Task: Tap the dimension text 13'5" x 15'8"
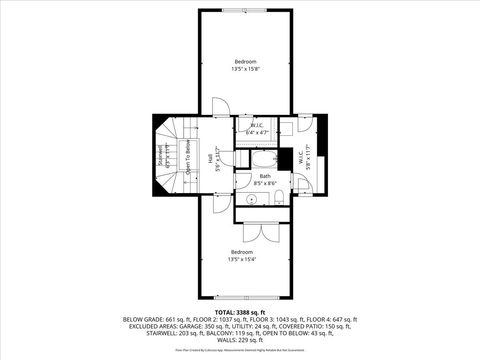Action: point(246,69)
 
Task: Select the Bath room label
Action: point(265,176)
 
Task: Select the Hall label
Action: point(211,157)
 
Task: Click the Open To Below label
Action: point(188,155)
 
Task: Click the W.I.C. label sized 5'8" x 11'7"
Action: point(312,157)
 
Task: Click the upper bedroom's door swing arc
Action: point(219,107)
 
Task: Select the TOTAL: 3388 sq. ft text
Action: point(240,311)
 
